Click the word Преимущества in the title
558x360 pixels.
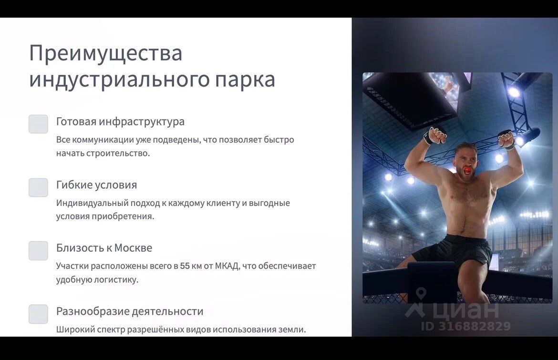(106, 53)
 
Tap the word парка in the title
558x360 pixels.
(245, 80)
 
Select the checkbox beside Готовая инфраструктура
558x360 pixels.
(39, 124)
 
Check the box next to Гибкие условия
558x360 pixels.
(39, 187)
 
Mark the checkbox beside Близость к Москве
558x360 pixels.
(39, 251)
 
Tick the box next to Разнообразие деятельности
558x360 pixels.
(39, 314)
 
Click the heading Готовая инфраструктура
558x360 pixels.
(120, 122)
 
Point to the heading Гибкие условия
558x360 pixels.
(96, 185)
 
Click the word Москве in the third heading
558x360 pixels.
(134, 248)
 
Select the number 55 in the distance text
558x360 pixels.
(185, 266)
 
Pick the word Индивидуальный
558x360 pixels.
(92, 204)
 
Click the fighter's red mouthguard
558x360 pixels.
(466, 170)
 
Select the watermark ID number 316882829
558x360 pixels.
(475, 326)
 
